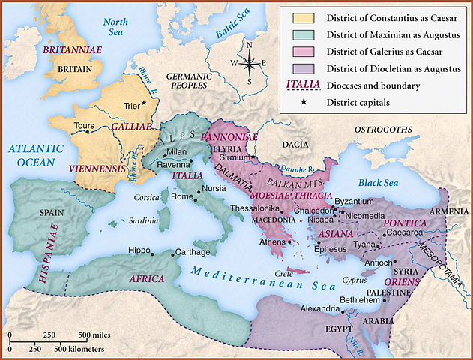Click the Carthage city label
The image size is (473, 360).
tap(192, 252)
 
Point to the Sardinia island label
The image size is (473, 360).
tap(142, 220)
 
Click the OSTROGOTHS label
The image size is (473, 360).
tap(382, 130)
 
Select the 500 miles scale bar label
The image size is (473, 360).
tap(95, 334)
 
